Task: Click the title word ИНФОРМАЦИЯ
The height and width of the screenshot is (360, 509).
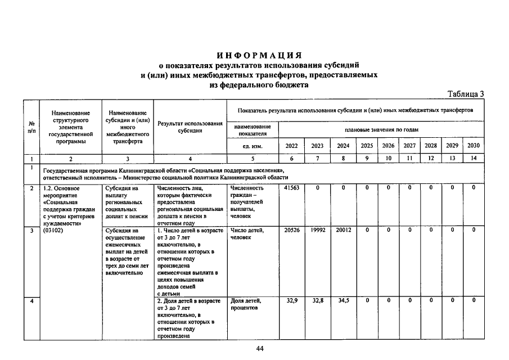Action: point(260,55)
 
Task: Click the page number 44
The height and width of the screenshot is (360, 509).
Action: point(260,349)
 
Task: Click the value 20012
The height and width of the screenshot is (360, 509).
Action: point(343,230)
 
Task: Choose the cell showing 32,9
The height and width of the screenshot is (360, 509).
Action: point(291,301)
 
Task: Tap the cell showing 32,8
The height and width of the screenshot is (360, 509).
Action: point(318,301)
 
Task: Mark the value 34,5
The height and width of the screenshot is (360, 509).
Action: point(343,301)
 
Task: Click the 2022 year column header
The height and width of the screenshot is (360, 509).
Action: point(291,146)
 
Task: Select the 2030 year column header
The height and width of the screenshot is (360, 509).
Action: point(474,146)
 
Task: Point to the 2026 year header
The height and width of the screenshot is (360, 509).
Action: point(388,146)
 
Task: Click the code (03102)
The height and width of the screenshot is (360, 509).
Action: point(52,230)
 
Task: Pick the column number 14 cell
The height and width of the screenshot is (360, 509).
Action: point(474,159)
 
